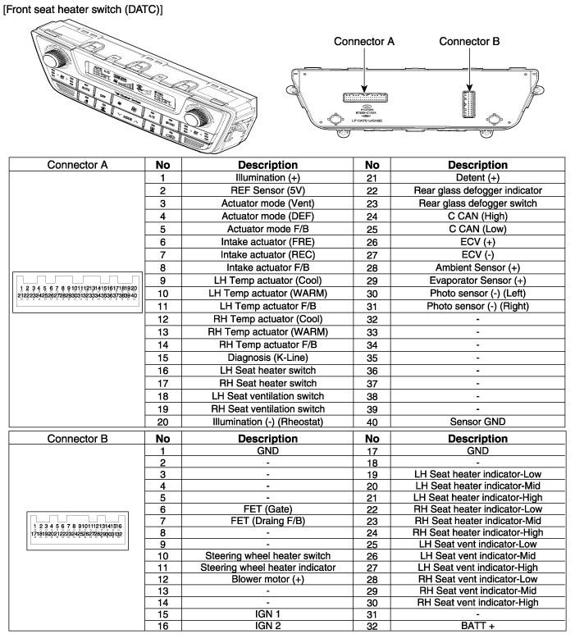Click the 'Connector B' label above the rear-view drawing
[469, 42]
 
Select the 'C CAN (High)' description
[477, 217]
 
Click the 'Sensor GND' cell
[477, 422]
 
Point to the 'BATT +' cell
[477, 626]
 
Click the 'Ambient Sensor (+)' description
[477, 267]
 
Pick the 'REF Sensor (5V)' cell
[267, 189]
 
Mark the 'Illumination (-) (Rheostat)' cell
[267, 422]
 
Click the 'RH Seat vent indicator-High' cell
[477, 603]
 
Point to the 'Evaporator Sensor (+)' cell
[477, 280]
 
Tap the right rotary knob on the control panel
[200, 112]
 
